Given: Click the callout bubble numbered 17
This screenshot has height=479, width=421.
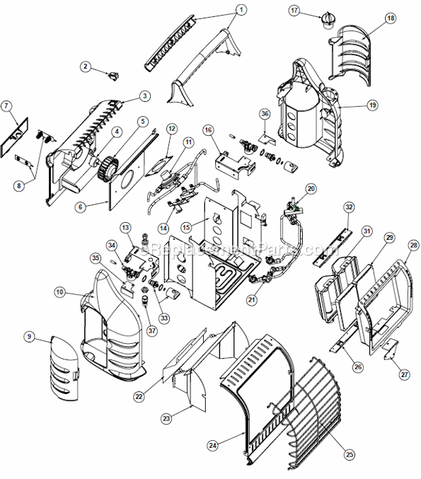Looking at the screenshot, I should (294, 10).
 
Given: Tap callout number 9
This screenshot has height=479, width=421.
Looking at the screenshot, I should (29, 336).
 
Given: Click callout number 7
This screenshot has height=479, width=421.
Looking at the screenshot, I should (6, 105).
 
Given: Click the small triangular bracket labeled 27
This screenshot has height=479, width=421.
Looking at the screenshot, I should (388, 351).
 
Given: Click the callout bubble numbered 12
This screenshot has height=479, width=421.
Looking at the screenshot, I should (171, 128).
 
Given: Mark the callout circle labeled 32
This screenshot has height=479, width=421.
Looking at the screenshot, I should (349, 206).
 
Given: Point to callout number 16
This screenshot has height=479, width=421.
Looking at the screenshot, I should (208, 129).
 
